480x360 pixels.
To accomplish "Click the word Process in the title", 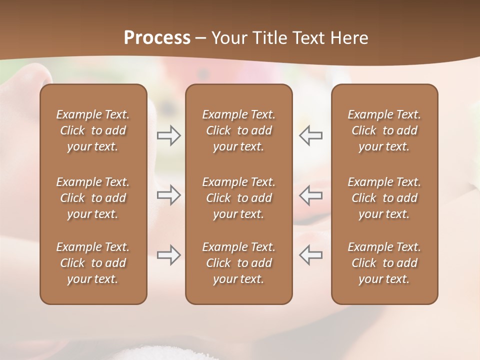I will (157, 38).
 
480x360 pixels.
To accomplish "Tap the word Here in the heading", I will (349, 38).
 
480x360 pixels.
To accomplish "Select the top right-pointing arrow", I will (168, 135).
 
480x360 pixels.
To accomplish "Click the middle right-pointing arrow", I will (168, 195).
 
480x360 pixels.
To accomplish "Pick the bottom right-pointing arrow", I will (168, 255).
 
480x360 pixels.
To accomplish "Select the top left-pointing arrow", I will (311, 135).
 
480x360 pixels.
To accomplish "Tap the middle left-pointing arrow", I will (311, 195).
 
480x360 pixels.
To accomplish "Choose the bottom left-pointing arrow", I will (311, 255).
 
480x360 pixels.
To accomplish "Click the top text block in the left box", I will (93, 130).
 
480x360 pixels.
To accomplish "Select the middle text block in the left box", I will (93, 198).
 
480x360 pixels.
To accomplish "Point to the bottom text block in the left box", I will (93, 263).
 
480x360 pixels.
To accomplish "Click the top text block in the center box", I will (238, 130).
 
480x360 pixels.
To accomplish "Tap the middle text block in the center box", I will (238, 198).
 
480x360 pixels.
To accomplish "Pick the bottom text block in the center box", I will (238, 263).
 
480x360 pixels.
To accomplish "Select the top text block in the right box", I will (384, 130).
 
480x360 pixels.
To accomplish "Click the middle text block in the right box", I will (384, 198).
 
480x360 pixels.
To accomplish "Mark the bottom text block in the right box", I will (384, 263).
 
